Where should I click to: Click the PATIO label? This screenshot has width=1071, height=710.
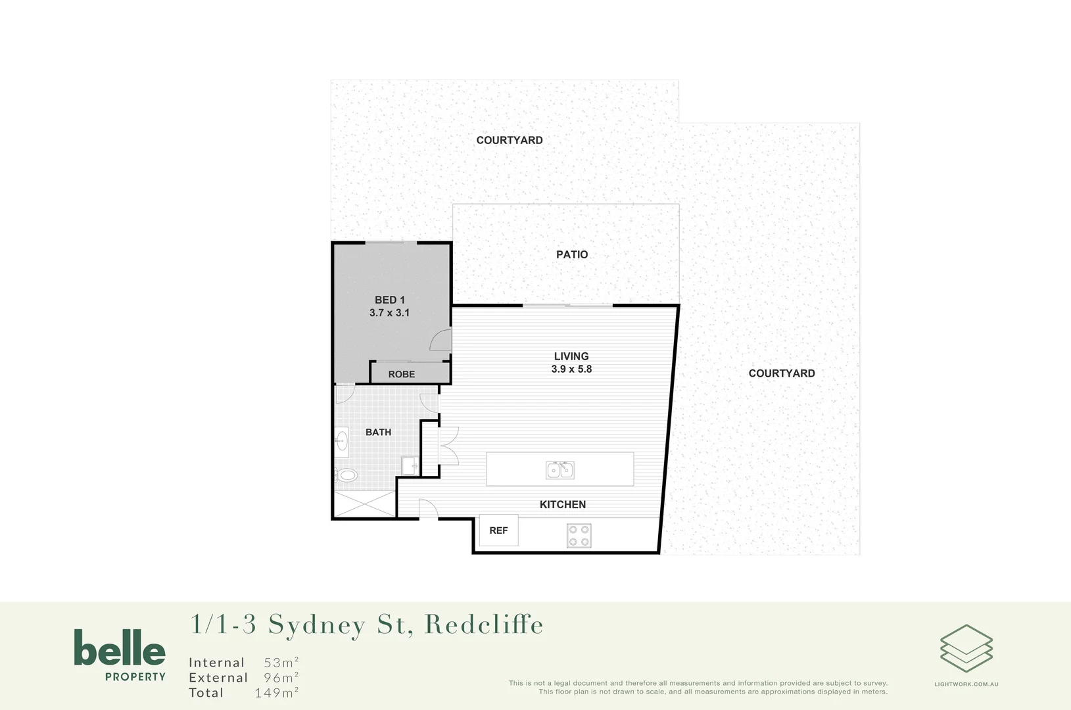tap(572, 254)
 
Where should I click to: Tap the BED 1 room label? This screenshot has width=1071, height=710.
tap(390, 300)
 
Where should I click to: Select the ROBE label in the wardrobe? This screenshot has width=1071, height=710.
tap(402, 374)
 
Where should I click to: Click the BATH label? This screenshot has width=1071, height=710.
tap(378, 432)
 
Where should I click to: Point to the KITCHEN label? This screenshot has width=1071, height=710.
tap(563, 504)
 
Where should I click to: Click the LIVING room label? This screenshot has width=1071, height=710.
tap(571, 356)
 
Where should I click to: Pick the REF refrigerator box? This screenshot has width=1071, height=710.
tap(498, 531)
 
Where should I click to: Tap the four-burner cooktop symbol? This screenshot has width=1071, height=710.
tap(579, 536)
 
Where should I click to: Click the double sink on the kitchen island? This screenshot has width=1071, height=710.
tap(560, 469)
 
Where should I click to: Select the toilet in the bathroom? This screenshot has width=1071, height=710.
tap(346, 475)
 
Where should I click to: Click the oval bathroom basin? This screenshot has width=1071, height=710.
tap(342, 440)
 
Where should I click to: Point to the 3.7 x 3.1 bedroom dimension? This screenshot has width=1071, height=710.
tap(389, 313)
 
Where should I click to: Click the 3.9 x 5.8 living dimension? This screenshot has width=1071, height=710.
tap(571, 369)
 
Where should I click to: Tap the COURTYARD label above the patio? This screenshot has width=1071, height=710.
tap(510, 140)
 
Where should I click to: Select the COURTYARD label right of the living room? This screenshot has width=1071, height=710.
tap(782, 373)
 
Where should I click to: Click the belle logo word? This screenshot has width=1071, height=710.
tap(120, 648)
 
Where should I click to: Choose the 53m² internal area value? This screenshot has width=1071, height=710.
tap(281, 663)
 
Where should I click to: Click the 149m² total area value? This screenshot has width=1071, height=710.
tap(277, 693)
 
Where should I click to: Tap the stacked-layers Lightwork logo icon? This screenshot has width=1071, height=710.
tap(966, 648)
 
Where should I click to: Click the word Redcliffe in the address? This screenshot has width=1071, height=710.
tap(485, 625)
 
